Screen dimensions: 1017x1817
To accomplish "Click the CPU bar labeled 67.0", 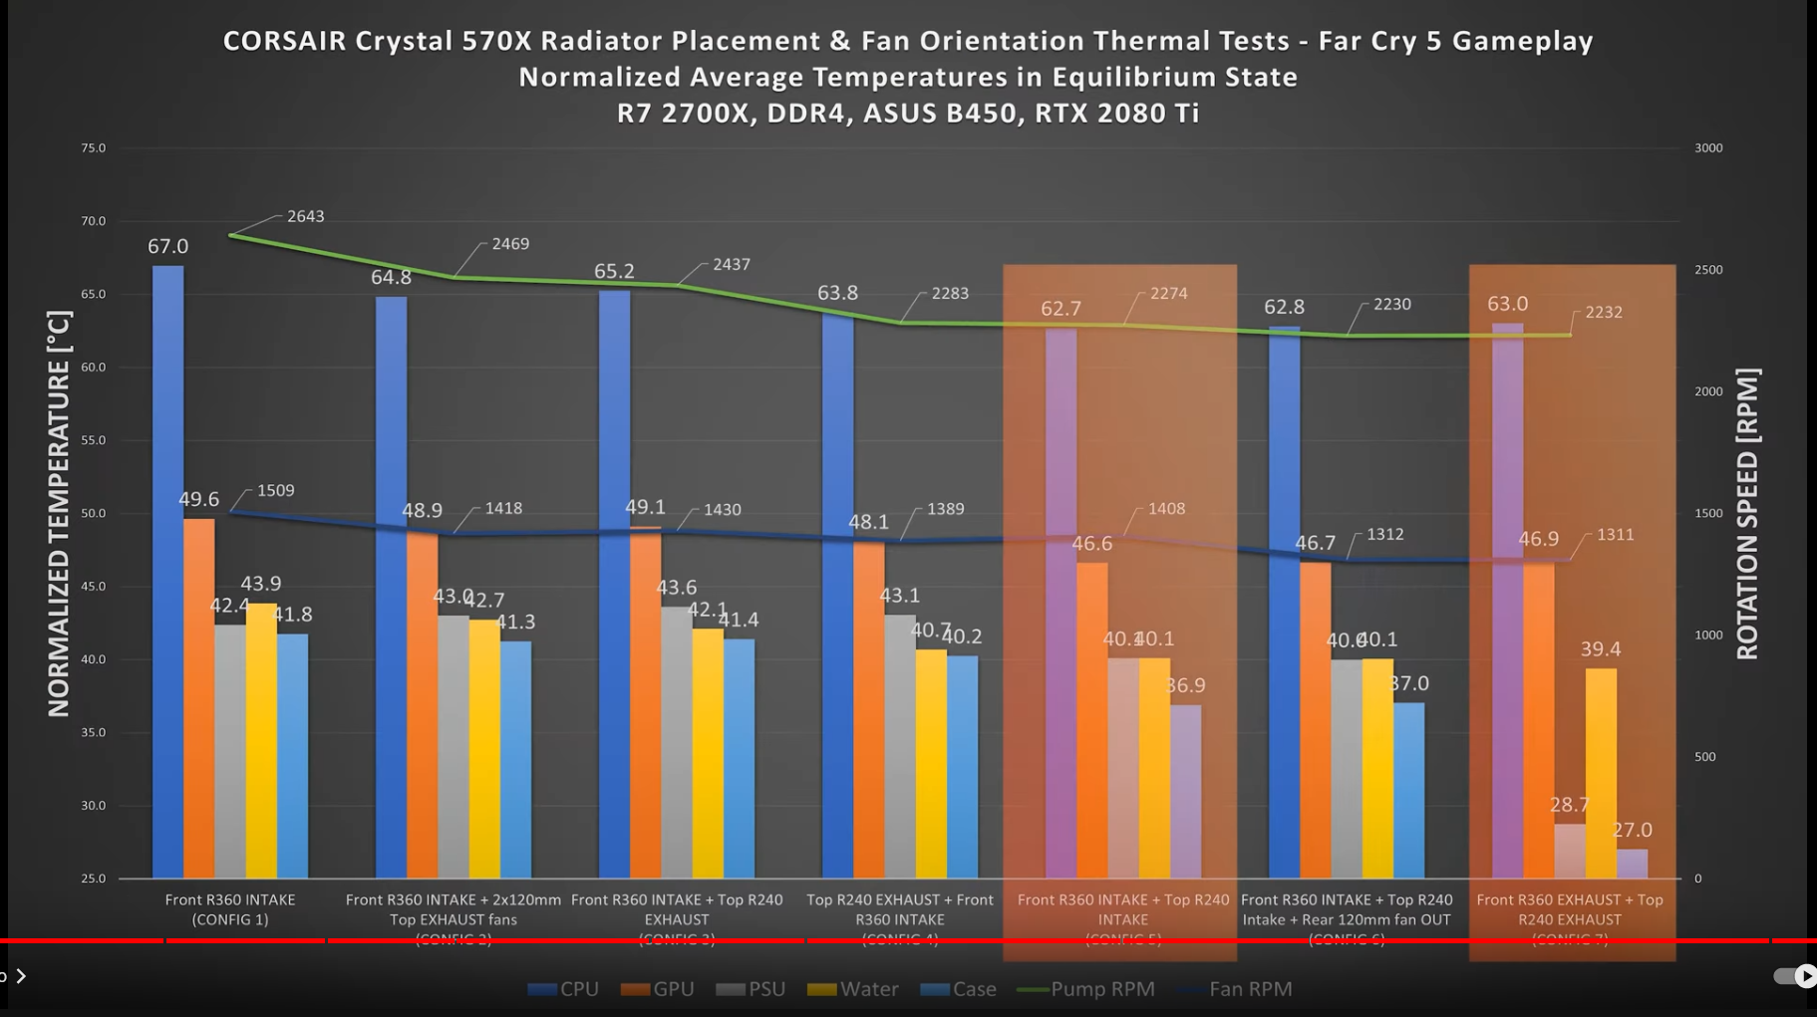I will [167, 572].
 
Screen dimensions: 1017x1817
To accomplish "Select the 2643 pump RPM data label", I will [305, 216].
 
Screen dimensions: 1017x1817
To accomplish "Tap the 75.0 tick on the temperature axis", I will [94, 148].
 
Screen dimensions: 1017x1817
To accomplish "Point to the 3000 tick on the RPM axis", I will [1707, 148].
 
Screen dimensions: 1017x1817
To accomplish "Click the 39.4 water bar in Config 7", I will [1601, 773].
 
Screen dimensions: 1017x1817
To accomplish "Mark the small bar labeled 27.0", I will [1632, 864].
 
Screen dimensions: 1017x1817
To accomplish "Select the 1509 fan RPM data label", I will [275, 490].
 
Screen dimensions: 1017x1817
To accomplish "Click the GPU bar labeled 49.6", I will [199, 697].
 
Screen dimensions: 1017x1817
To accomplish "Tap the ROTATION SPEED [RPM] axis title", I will [1748, 514].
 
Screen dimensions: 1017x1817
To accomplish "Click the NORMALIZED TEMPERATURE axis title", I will [59, 514].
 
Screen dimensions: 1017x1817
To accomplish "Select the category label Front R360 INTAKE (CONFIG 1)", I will [230, 909].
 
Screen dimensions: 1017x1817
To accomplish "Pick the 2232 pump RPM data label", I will [1603, 312].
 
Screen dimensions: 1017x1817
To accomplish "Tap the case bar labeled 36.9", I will [1185, 791].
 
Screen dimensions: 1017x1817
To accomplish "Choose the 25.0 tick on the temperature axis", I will [94, 879].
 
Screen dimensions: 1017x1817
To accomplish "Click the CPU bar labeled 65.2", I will [614, 584].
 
